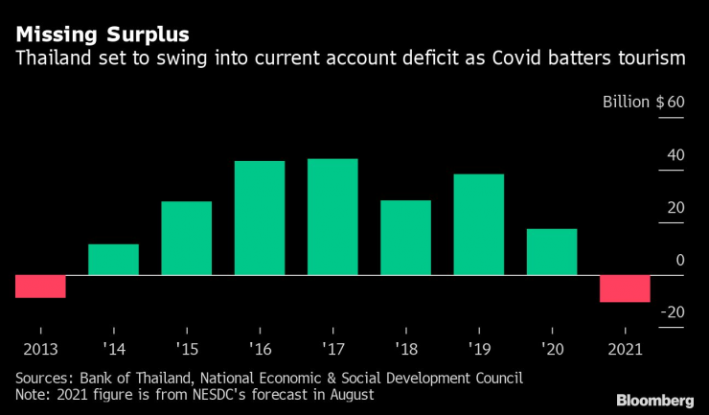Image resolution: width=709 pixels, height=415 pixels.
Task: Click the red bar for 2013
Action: point(40,286)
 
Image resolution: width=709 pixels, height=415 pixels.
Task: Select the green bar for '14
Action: point(113,260)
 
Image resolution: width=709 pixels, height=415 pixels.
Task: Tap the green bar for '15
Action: point(186,238)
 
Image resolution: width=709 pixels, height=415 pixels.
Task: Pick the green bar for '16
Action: point(260,218)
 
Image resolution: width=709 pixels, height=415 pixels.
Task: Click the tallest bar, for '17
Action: point(332,217)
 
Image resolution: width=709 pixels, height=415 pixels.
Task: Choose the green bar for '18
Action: point(405,238)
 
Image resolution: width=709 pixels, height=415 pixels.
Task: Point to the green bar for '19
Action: point(478,224)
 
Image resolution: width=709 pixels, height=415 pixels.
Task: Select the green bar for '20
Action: point(552,252)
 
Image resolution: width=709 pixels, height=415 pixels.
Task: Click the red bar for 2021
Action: point(625,288)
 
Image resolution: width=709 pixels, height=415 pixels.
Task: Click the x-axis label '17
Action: point(332,348)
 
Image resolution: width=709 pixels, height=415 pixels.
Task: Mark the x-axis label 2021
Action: point(625,348)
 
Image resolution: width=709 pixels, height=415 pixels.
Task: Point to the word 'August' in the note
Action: point(348,393)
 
